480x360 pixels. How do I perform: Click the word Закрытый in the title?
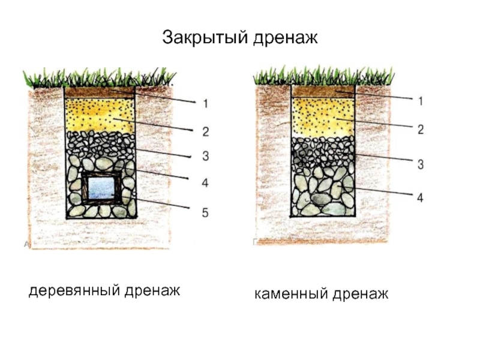[x=205, y=37]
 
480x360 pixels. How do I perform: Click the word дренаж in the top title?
[x=286, y=38]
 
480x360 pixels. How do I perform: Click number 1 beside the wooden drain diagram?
[x=205, y=104]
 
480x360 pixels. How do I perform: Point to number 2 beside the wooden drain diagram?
[x=205, y=131]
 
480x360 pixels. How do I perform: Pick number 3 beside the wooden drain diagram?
[x=205, y=156]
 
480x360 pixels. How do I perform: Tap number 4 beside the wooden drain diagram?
[x=205, y=183]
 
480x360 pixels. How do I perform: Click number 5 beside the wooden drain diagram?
[x=205, y=212]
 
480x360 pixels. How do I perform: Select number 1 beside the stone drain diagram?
[x=421, y=101]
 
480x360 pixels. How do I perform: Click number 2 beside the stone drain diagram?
[x=421, y=130]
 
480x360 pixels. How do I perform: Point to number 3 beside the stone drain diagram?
[x=421, y=164]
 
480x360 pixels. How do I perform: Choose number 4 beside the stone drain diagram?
[x=421, y=197]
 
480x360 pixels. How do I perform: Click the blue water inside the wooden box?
[x=101, y=188]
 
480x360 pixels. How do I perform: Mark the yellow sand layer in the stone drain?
[x=323, y=116]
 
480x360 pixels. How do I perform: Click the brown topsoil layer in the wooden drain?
[x=100, y=92]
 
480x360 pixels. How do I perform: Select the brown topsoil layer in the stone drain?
[x=323, y=91]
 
